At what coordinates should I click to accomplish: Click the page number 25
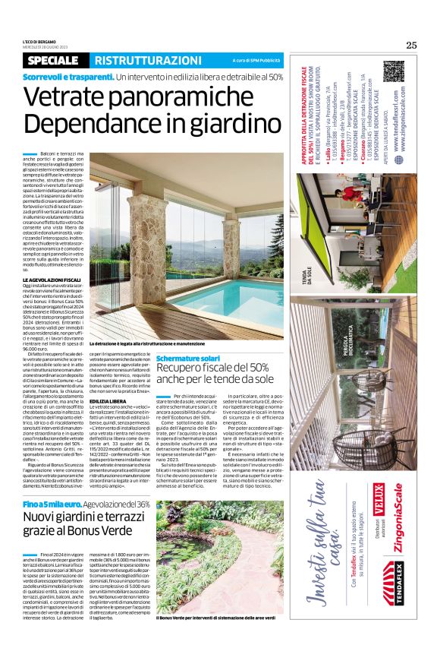tap(411, 45)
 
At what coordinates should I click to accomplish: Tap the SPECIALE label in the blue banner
tap(55, 60)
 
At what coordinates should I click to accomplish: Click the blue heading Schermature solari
tap(188, 358)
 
